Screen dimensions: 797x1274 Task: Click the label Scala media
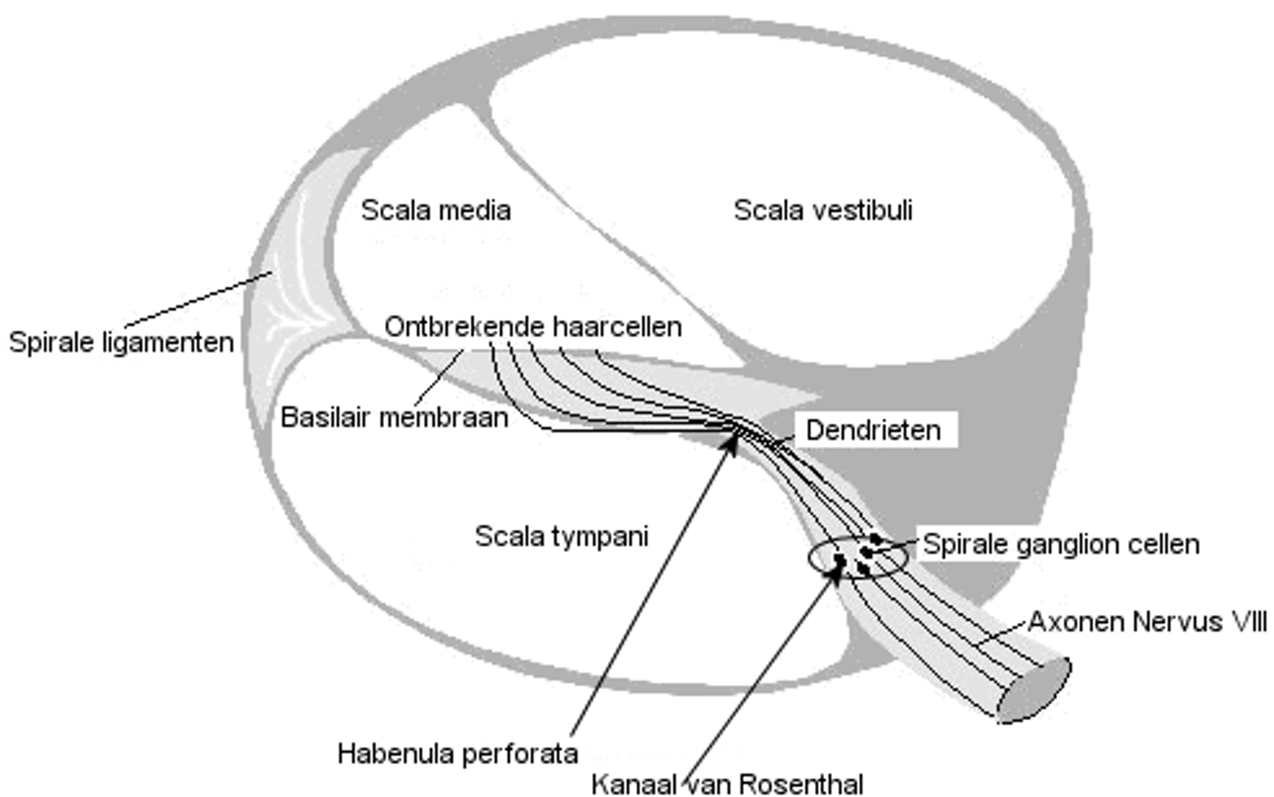[435, 211]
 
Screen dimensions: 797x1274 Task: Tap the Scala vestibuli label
[823, 211]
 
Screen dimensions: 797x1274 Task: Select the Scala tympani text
[562, 536]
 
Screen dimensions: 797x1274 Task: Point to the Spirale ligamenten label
[121, 342]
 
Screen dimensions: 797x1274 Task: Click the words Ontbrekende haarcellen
[533, 326]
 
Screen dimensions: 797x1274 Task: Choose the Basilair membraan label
[395, 417]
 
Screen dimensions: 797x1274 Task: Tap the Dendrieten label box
[873, 430]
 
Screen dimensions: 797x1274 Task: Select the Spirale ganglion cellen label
[1061, 544]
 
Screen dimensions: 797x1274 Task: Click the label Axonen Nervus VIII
[1147, 622]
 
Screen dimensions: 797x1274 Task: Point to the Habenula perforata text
[457, 754]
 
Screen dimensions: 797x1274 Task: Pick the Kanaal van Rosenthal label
[726, 784]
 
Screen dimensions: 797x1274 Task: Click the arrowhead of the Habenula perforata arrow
[732, 440]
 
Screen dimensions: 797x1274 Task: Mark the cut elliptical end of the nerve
[1034, 691]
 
